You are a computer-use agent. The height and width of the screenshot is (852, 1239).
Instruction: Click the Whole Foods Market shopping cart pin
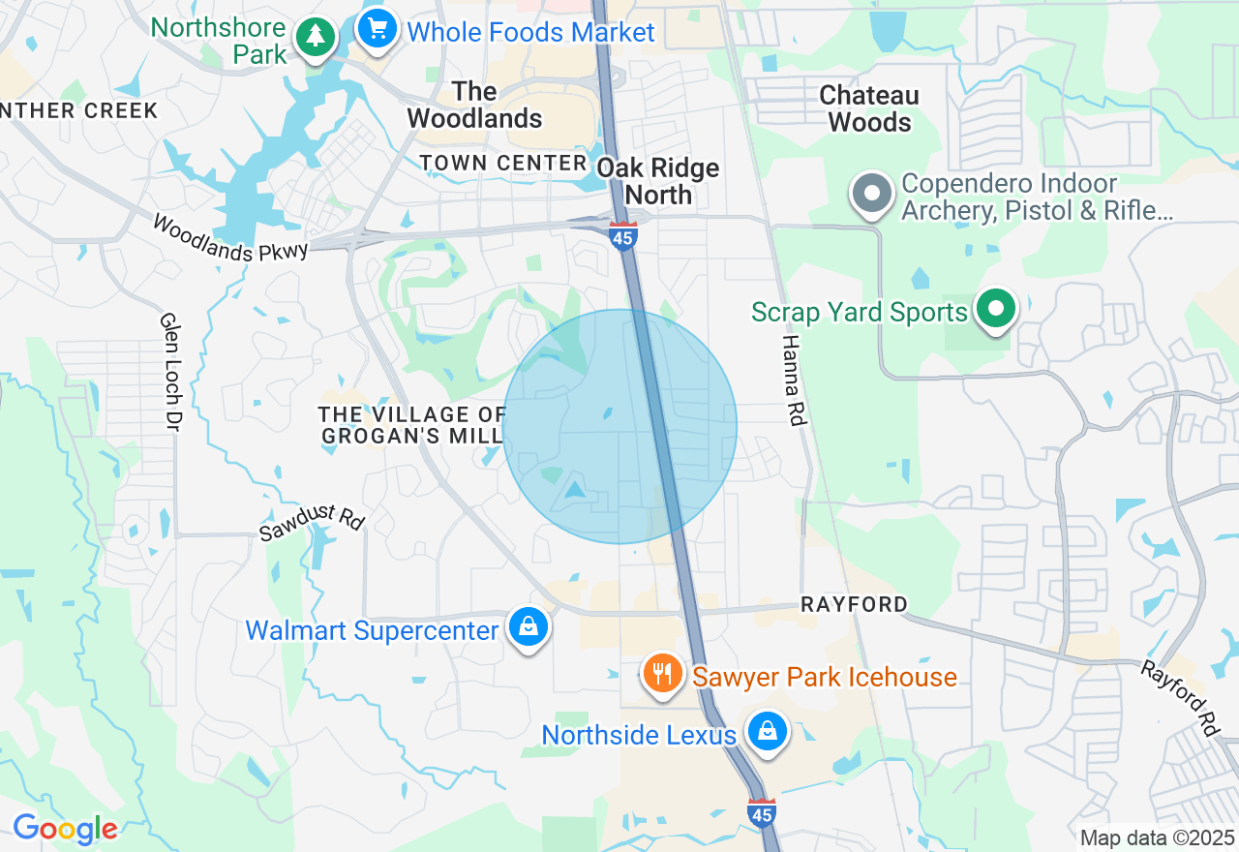click(377, 29)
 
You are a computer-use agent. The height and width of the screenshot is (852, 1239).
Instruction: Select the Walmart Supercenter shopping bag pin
click(529, 627)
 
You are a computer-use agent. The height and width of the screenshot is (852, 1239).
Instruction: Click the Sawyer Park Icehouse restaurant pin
click(662, 672)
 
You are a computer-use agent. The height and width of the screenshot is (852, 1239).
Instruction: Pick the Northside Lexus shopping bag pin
click(768, 731)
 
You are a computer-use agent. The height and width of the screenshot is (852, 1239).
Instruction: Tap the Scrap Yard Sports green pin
click(995, 310)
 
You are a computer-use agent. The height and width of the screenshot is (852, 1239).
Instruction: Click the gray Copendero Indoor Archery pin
click(872, 194)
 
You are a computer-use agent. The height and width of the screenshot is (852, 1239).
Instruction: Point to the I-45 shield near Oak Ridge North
click(623, 235)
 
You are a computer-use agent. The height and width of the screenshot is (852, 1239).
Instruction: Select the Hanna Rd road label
click(792, 378)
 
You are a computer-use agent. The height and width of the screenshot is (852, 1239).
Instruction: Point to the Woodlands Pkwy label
click(230, 237)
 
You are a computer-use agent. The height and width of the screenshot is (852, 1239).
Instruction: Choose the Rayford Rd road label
click(1179, 697)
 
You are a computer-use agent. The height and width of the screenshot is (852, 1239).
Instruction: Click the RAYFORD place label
click(854, 604)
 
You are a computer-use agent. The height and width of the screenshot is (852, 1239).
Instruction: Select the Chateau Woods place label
click(869, 108)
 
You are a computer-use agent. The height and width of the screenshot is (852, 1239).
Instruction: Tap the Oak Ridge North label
click(658, 181)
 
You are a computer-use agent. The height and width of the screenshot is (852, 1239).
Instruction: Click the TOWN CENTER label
click(503, 163)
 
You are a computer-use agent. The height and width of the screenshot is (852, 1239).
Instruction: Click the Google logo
click(65, 829)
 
